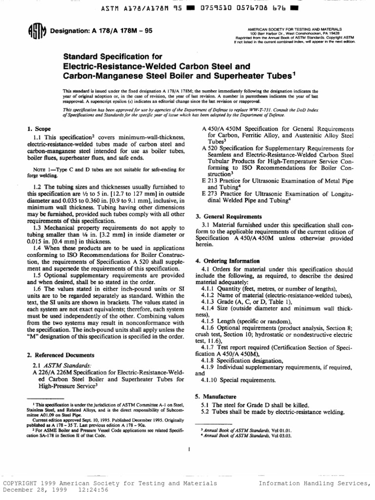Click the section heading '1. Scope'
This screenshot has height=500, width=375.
(x=36, y=128)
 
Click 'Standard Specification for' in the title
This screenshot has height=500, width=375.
(x=111, y=56)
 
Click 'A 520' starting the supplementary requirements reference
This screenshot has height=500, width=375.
(x=209, y=148)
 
